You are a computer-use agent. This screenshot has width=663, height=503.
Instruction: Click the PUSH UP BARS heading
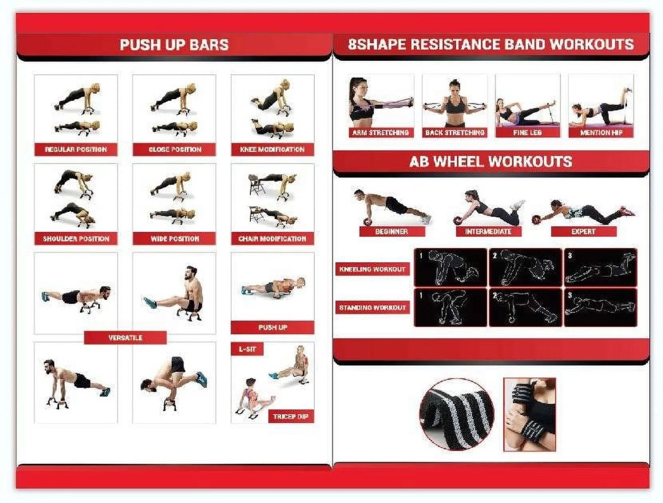click(x=174, y=45)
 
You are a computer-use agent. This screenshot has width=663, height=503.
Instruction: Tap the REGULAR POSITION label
click(x=76, y=149)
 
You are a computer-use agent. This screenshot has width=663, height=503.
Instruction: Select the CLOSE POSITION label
click(x=174, y=149)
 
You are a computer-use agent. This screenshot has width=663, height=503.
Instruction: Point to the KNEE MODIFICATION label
click(x=272, y=149)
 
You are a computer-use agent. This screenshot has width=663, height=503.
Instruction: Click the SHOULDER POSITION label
click(x=76, y=239)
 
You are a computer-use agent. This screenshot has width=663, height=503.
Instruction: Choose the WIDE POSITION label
click(x=174, y=239)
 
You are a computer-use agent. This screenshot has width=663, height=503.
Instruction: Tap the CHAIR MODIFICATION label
click(x=272, y=239)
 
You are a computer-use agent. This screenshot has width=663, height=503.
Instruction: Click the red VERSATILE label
click(x=125, y=338)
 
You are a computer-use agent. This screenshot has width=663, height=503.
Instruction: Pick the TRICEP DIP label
click(x=291, y=417)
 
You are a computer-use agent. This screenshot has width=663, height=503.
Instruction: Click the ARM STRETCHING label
click(x=381, y=133)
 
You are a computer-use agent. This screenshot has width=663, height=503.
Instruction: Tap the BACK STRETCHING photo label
click(x=454, y=133)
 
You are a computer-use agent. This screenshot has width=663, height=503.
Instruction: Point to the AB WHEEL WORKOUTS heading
click(x=491, y=162)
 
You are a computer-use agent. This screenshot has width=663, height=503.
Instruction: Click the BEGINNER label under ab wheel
click(x=391, y=231)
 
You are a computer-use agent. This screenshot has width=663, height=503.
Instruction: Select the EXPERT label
click(x=583, y=231)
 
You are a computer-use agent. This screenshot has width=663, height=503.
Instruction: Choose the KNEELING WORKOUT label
click(x=372, y=269)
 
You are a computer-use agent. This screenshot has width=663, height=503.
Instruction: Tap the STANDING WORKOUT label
click(x=372, y=308)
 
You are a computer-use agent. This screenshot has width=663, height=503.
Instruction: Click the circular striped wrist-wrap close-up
click(x=456, y=414)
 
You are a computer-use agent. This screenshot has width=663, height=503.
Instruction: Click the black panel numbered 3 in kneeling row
click(x=600, y=267)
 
